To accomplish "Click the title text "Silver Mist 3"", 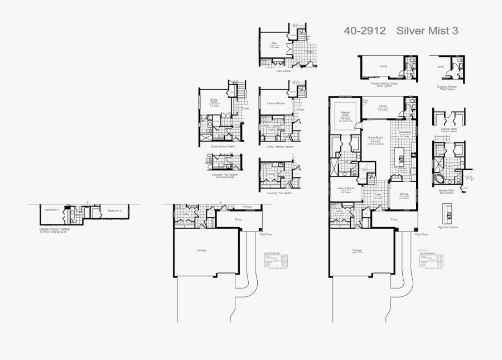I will pyautogui.click(x=427, y=31).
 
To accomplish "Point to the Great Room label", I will pyautogui.click(x=375, y=137).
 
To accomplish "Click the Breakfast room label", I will pyautogui.click(x=405, y=132).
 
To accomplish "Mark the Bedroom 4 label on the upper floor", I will pyautogui.click(x=51, y=209).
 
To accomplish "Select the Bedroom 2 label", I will pyautogui.click(x=114, y=210).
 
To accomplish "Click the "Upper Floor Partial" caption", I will pyautogui.click(x=55, y=229).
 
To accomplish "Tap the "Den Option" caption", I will pyautogui.click(x=283, y=71).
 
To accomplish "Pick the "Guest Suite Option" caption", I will pyautogui.click(x=223, y=146).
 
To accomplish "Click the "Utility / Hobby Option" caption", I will pyautogui.click(x=280, y=146).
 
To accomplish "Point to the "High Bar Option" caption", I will pyautogui.click(x=448, y=228).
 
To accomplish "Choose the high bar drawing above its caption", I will pyautogui.click(x=447, y=213).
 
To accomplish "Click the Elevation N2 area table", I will pyautogui.click(x=276, y=261).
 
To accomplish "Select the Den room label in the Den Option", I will pyautogui.click(x=274, y=43).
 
